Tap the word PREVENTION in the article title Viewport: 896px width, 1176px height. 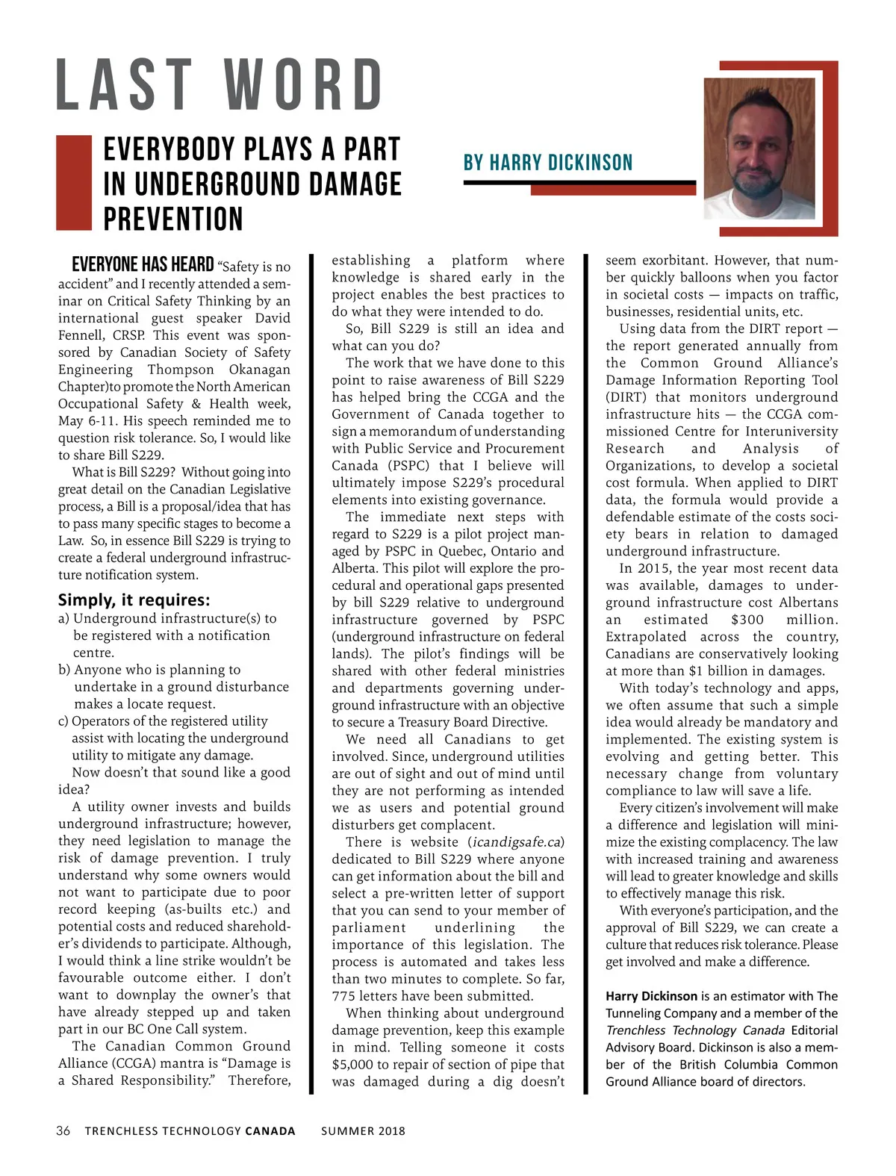[x=173, y=220]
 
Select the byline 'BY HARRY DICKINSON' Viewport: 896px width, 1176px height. [x=548, y=163]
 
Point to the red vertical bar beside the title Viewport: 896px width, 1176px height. [x=73, y=182]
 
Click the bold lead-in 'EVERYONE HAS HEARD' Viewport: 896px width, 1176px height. [x=143, y=265]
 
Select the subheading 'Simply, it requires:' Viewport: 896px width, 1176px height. [x=134, y=600]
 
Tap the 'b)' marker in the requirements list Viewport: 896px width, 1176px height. [x=64, y=670]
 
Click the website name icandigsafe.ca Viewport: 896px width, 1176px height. [x=516, y=842]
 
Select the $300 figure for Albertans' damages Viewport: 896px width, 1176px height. [x=747, y=620]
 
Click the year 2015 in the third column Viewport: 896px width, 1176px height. [x=653, y=568]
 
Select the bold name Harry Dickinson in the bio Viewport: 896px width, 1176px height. [x=652, y=996]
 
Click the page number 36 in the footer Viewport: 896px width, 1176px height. [x=63, y=1130]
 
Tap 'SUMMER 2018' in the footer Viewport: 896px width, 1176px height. [x=363, y=1130]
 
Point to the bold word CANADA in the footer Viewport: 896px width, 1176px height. [x=270, y=1130]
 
